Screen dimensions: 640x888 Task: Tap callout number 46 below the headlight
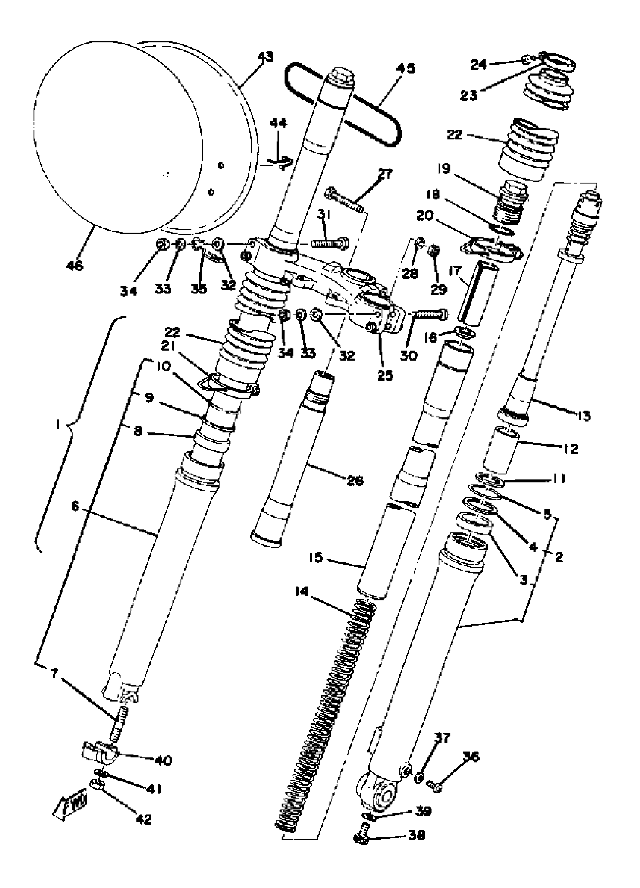pyautogui.click(x=75, y=266)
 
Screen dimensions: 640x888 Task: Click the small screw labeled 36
pyautogui.click(x=434, y=785)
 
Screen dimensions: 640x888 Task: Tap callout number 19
pyautogui.click(x=444, y=169)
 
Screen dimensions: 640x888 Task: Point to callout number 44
pyautogui.click(x=278, y=123)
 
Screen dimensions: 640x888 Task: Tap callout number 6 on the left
pyautogui.click(x=75, y=506)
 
